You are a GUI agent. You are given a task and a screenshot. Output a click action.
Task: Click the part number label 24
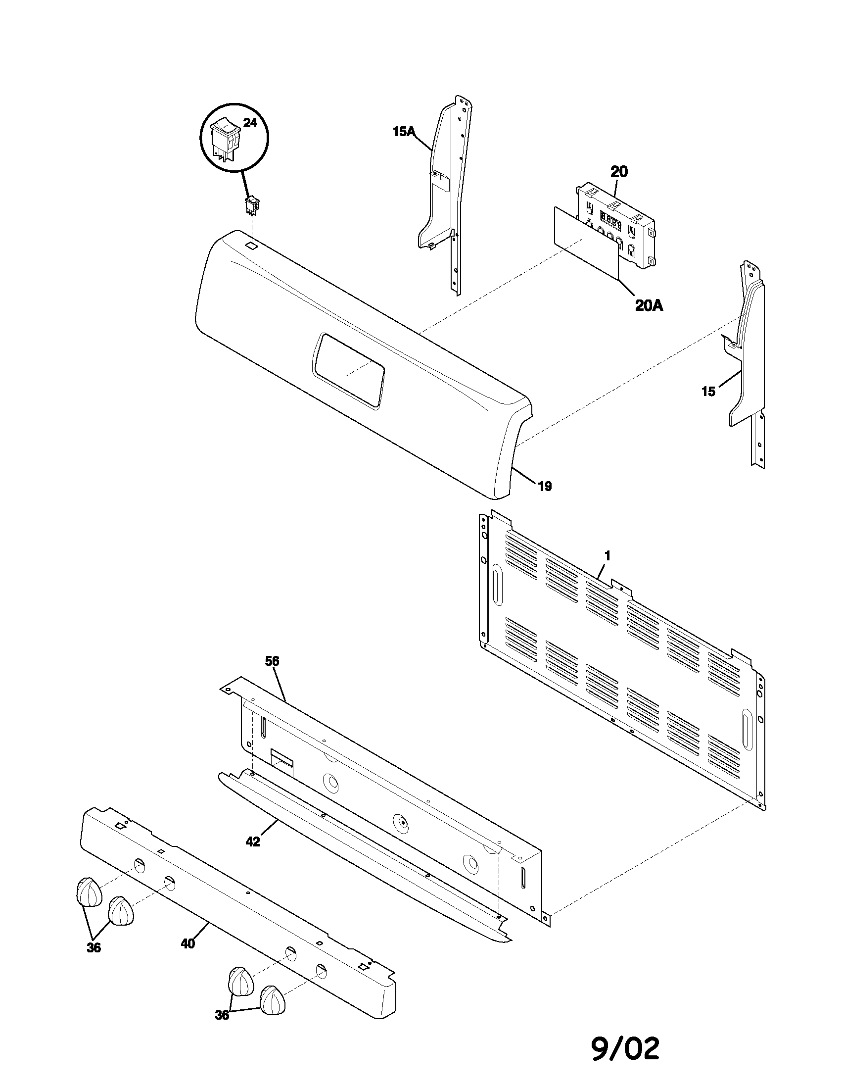tap(250, 123)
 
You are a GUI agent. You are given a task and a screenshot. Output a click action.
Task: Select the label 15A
tap(404, 132)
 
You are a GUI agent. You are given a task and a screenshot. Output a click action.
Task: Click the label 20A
tap(649, 305)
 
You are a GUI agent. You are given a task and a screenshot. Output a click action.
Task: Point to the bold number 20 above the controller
tap(619, 172)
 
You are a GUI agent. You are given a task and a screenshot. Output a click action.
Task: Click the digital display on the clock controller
tap(610, 220)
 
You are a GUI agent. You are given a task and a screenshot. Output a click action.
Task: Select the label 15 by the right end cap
tap(708, 392)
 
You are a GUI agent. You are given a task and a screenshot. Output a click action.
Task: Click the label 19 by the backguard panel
tap(545, 486)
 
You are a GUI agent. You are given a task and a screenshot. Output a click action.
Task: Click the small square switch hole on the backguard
tap(252, 246)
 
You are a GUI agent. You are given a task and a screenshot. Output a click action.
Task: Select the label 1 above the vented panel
tap(607, 555)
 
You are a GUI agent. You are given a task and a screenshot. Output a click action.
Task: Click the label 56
tap(272, 661)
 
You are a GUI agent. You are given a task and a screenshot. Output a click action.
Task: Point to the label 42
tap(253, 842)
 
